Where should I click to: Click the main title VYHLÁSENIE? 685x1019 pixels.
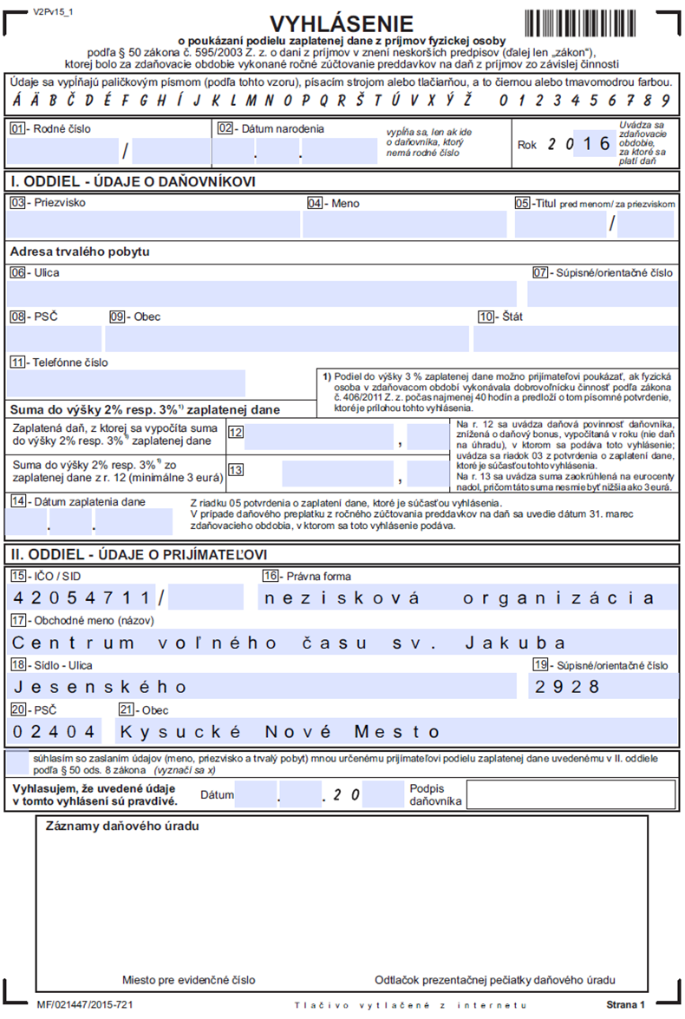pyautogui.click(x=342, y=23)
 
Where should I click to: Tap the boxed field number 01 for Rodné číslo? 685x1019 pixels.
pyautogui.click(x=17, y=128)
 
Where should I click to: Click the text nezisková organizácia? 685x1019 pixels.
pyautogui.click(x=460, y=598)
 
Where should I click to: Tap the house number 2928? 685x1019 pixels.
pyautogui.click(x=569, y=687)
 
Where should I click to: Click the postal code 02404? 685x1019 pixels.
pyautogui.click(x=51, y=731)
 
